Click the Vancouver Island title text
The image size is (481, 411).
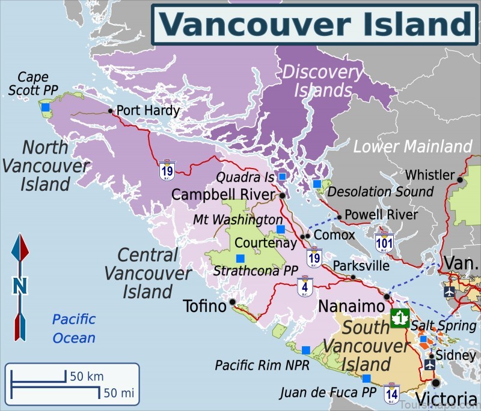(x=315, y=24)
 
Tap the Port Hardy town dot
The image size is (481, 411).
(x=111, y=110)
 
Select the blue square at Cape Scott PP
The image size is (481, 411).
(x=46, y=107)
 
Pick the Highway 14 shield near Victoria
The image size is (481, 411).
(x=392, y=393)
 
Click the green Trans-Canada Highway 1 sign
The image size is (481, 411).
(x=400, y=318)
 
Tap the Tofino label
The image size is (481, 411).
(x=204, y=307)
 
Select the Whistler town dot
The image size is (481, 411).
(x=460, y=179)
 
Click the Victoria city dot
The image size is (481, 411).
(x=436, y=382)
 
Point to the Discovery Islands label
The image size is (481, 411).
(x=322, y=81)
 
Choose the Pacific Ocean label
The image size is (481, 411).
(x=73, y=328)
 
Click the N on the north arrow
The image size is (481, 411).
(x=20, y=286)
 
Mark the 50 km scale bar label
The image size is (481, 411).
(x=87, y=377)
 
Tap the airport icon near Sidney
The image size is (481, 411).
(x=430, y=364)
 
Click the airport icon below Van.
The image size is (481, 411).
(x=449, y=292)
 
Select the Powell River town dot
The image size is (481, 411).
(x=340, y=217)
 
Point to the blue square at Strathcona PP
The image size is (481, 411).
(x=240, y=258)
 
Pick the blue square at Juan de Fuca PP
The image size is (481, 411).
(x=367, y=378)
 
